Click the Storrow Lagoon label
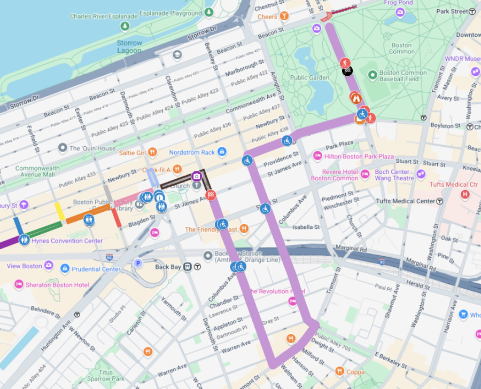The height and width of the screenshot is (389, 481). click(129, 46)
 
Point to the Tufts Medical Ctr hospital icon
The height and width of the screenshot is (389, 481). click(465, 195)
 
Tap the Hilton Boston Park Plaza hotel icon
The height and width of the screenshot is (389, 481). click(317, 156)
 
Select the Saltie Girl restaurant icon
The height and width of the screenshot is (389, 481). click(152, 153)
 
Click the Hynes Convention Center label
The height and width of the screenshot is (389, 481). click(67, 241)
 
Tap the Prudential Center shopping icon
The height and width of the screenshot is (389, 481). click(65, 268)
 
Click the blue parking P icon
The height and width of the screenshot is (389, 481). click(138, 263)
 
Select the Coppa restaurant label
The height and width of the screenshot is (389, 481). click(355, 371)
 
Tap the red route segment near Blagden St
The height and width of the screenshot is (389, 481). click(116, 218)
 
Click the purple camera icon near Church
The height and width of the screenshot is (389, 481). click(196, 176)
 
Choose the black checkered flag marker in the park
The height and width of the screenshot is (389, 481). click(347, 70)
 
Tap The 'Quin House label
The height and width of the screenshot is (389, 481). click(92, 148)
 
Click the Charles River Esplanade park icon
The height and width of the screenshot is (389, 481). click(125, 26)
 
